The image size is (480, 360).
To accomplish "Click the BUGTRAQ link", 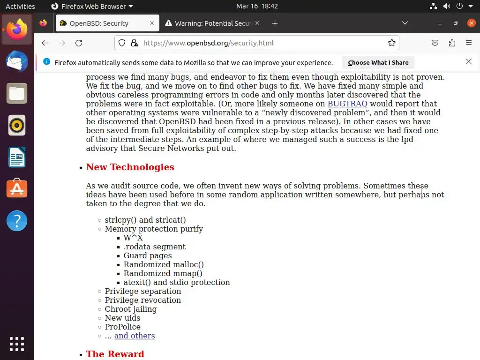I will (x=347, y=104).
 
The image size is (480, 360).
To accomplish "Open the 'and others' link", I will (x=135, y=336).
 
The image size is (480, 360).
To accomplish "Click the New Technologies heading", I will (x=130, y=167).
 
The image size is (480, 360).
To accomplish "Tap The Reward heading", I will (x=115, y=354).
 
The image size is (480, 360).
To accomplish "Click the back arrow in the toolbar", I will (x=45, y=43).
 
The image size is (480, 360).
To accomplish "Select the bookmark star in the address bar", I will (x=392, y=43).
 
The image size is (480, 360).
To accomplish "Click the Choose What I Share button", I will (x=378, y=62).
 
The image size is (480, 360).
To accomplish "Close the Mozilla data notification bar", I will (x=468, y=62).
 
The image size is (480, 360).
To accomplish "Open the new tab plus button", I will (x=275, y=23).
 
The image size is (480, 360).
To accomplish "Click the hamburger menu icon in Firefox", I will (x=469, y=43).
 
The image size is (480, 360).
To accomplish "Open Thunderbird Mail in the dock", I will (x=17, y=61).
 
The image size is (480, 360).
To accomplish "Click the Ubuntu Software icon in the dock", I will (x=17, y=188).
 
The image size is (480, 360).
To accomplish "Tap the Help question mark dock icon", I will (x=17, y=220).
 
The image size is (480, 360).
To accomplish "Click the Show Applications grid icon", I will (x=17, y=344).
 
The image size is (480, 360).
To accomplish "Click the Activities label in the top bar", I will (x=20, y=7).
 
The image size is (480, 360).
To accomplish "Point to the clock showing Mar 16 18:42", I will (x=257, y=7).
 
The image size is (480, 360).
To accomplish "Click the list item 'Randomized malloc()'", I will (x=164, y=265).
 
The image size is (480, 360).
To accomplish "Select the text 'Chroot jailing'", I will (x=131, y=309).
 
